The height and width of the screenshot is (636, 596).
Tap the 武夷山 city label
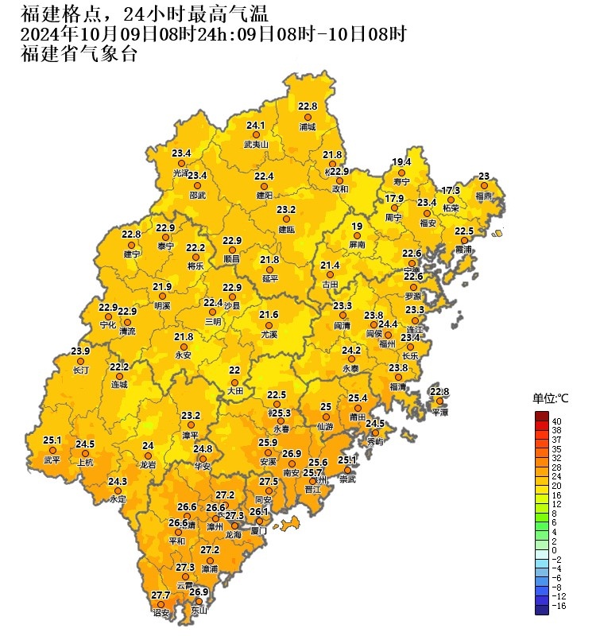tap(256, 145)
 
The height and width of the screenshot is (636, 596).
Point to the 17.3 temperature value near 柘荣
tap(451, 190)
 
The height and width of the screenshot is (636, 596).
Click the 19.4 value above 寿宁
tap(401, 161)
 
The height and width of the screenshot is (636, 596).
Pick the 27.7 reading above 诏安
tap(161, 595)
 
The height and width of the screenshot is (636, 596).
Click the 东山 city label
tap(198, 611)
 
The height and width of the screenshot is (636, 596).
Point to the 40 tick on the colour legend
tap(557, 421)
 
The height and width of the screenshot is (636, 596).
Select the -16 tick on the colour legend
tap(558, 605)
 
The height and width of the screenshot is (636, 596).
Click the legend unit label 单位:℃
tap(551, 398)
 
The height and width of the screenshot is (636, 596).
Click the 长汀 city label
tap(80, 370)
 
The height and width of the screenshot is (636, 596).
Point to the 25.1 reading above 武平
tap(52, 440)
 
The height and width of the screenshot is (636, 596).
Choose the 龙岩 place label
tap(148, 464)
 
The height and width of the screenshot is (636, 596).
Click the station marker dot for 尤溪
tap(269, 325)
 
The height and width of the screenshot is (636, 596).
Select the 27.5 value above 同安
tap(269, 481)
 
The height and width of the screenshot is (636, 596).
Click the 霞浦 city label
tap(463, 250)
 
